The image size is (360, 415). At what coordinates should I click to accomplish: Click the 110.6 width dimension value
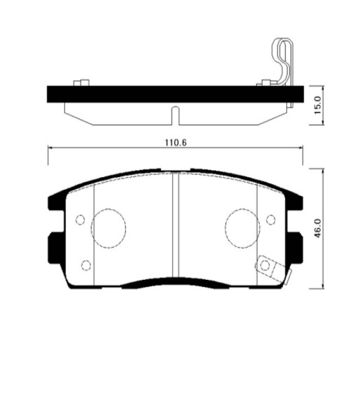coord(176,142)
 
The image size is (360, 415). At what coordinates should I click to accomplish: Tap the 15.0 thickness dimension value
coord(317,105)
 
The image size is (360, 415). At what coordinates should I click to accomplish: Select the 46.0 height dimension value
coord(317,228)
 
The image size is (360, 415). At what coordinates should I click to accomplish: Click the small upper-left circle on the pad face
coord(80,220)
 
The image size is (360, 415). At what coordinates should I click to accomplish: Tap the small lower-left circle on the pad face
coord(86,265)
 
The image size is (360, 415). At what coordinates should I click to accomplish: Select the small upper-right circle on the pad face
coord(271,220)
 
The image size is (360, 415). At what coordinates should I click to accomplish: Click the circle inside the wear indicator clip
coord(265,265)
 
